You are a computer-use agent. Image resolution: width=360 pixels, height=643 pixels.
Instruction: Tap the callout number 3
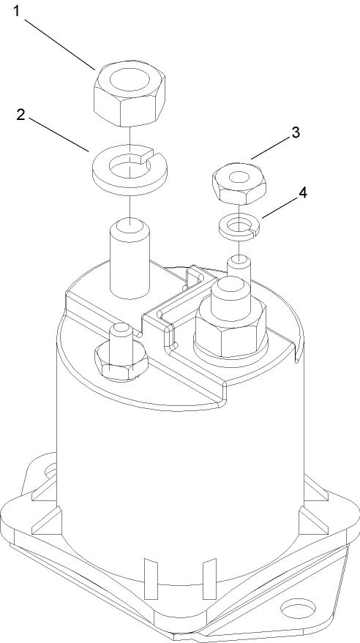(295, 132)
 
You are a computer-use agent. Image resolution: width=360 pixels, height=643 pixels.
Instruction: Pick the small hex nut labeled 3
(237, 184)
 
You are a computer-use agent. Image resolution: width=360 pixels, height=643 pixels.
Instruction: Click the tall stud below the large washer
(130, 260)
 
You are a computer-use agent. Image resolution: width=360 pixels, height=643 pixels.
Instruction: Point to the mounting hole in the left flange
(50, 470)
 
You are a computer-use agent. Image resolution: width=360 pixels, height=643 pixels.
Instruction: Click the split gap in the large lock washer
(146, 155)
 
